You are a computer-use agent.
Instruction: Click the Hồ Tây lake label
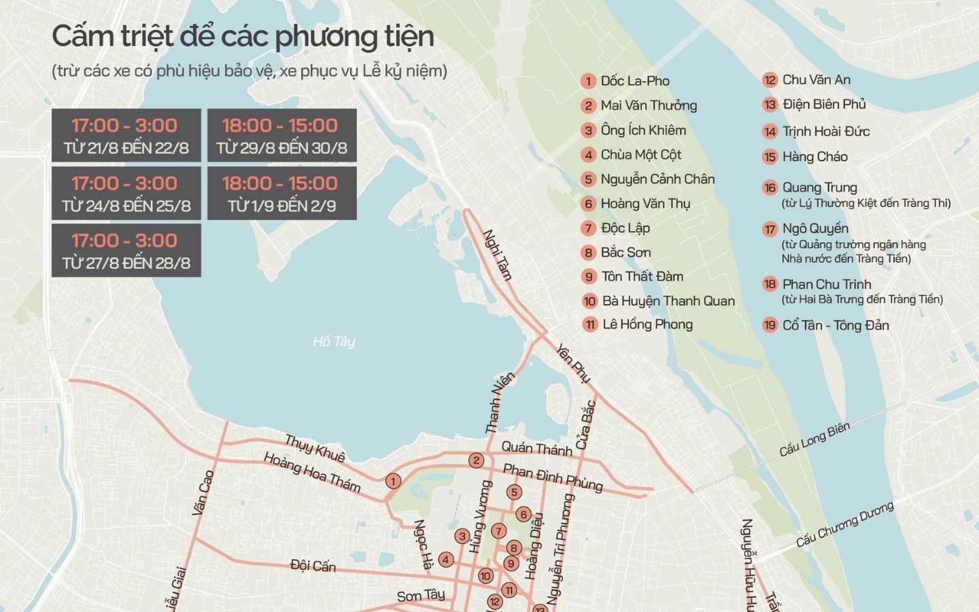click(x=333, y=341)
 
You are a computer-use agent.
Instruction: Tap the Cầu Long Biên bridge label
click(x=814, y=439)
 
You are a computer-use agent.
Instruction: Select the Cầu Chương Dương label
click(x=844, y=526)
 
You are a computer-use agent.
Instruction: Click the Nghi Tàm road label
click(x=497, y=255)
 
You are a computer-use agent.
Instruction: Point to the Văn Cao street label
click(x=203, y=492)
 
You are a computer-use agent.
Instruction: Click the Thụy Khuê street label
click(x=315, y=448)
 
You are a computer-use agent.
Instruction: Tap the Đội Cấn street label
click(x=313, y=565)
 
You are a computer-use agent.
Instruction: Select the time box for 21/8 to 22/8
click(x=126, y=135)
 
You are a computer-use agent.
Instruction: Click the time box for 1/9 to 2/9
click(x=281, y=194)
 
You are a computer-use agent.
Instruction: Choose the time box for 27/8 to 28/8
click(x=126, y=251)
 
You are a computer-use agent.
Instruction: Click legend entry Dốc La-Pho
click(x=634, y=81)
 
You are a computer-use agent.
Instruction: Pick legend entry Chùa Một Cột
click(x=640, y=154)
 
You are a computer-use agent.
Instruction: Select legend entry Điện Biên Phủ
click(x=824, y=104)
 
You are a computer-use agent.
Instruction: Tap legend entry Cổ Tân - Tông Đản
click(x=836, y=325)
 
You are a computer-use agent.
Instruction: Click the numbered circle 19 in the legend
click(x=770, y=325)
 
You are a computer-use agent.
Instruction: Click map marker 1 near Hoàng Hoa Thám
click(x=392, y=481)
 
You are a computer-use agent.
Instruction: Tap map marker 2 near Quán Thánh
click(x=477, y=460)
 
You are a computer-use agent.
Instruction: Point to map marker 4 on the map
click(x=446, y=560)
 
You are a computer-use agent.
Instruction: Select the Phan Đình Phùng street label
click(x=552, y=477)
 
